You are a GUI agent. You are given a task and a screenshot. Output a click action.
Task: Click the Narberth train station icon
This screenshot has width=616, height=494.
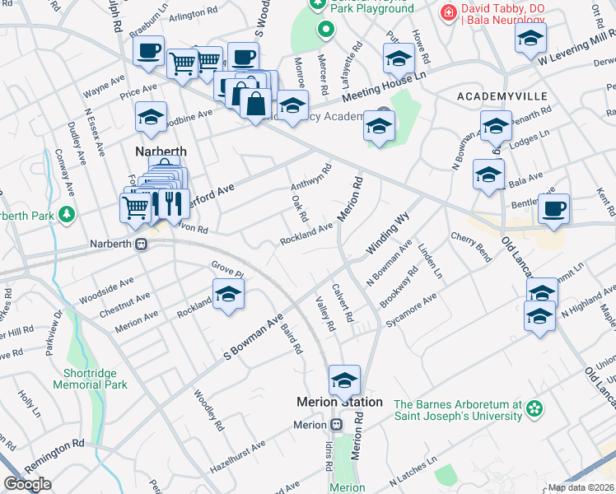tap(141, 244)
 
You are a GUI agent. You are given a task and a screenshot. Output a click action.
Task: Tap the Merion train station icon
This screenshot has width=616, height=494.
tap(337, 424)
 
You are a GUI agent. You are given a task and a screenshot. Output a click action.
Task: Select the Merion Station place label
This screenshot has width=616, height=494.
tap(339, 402)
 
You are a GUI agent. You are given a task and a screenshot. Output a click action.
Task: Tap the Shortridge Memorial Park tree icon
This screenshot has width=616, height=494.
tap(91, 360)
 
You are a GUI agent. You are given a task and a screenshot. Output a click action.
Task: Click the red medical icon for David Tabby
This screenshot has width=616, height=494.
tap(448, 12)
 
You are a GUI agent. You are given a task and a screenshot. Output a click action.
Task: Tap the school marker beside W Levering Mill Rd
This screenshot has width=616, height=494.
tap(530, 36)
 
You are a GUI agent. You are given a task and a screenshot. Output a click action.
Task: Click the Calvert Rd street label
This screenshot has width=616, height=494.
tap(343, 302)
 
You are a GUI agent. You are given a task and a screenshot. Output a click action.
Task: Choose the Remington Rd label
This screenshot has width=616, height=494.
tap(55, 443)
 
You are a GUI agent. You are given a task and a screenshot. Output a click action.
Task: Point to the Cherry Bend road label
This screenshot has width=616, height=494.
tap(471, 247)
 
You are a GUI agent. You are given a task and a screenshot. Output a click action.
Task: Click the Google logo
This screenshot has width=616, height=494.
tap(27, 484)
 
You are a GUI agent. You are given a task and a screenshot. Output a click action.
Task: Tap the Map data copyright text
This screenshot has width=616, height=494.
tap(581, 487)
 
